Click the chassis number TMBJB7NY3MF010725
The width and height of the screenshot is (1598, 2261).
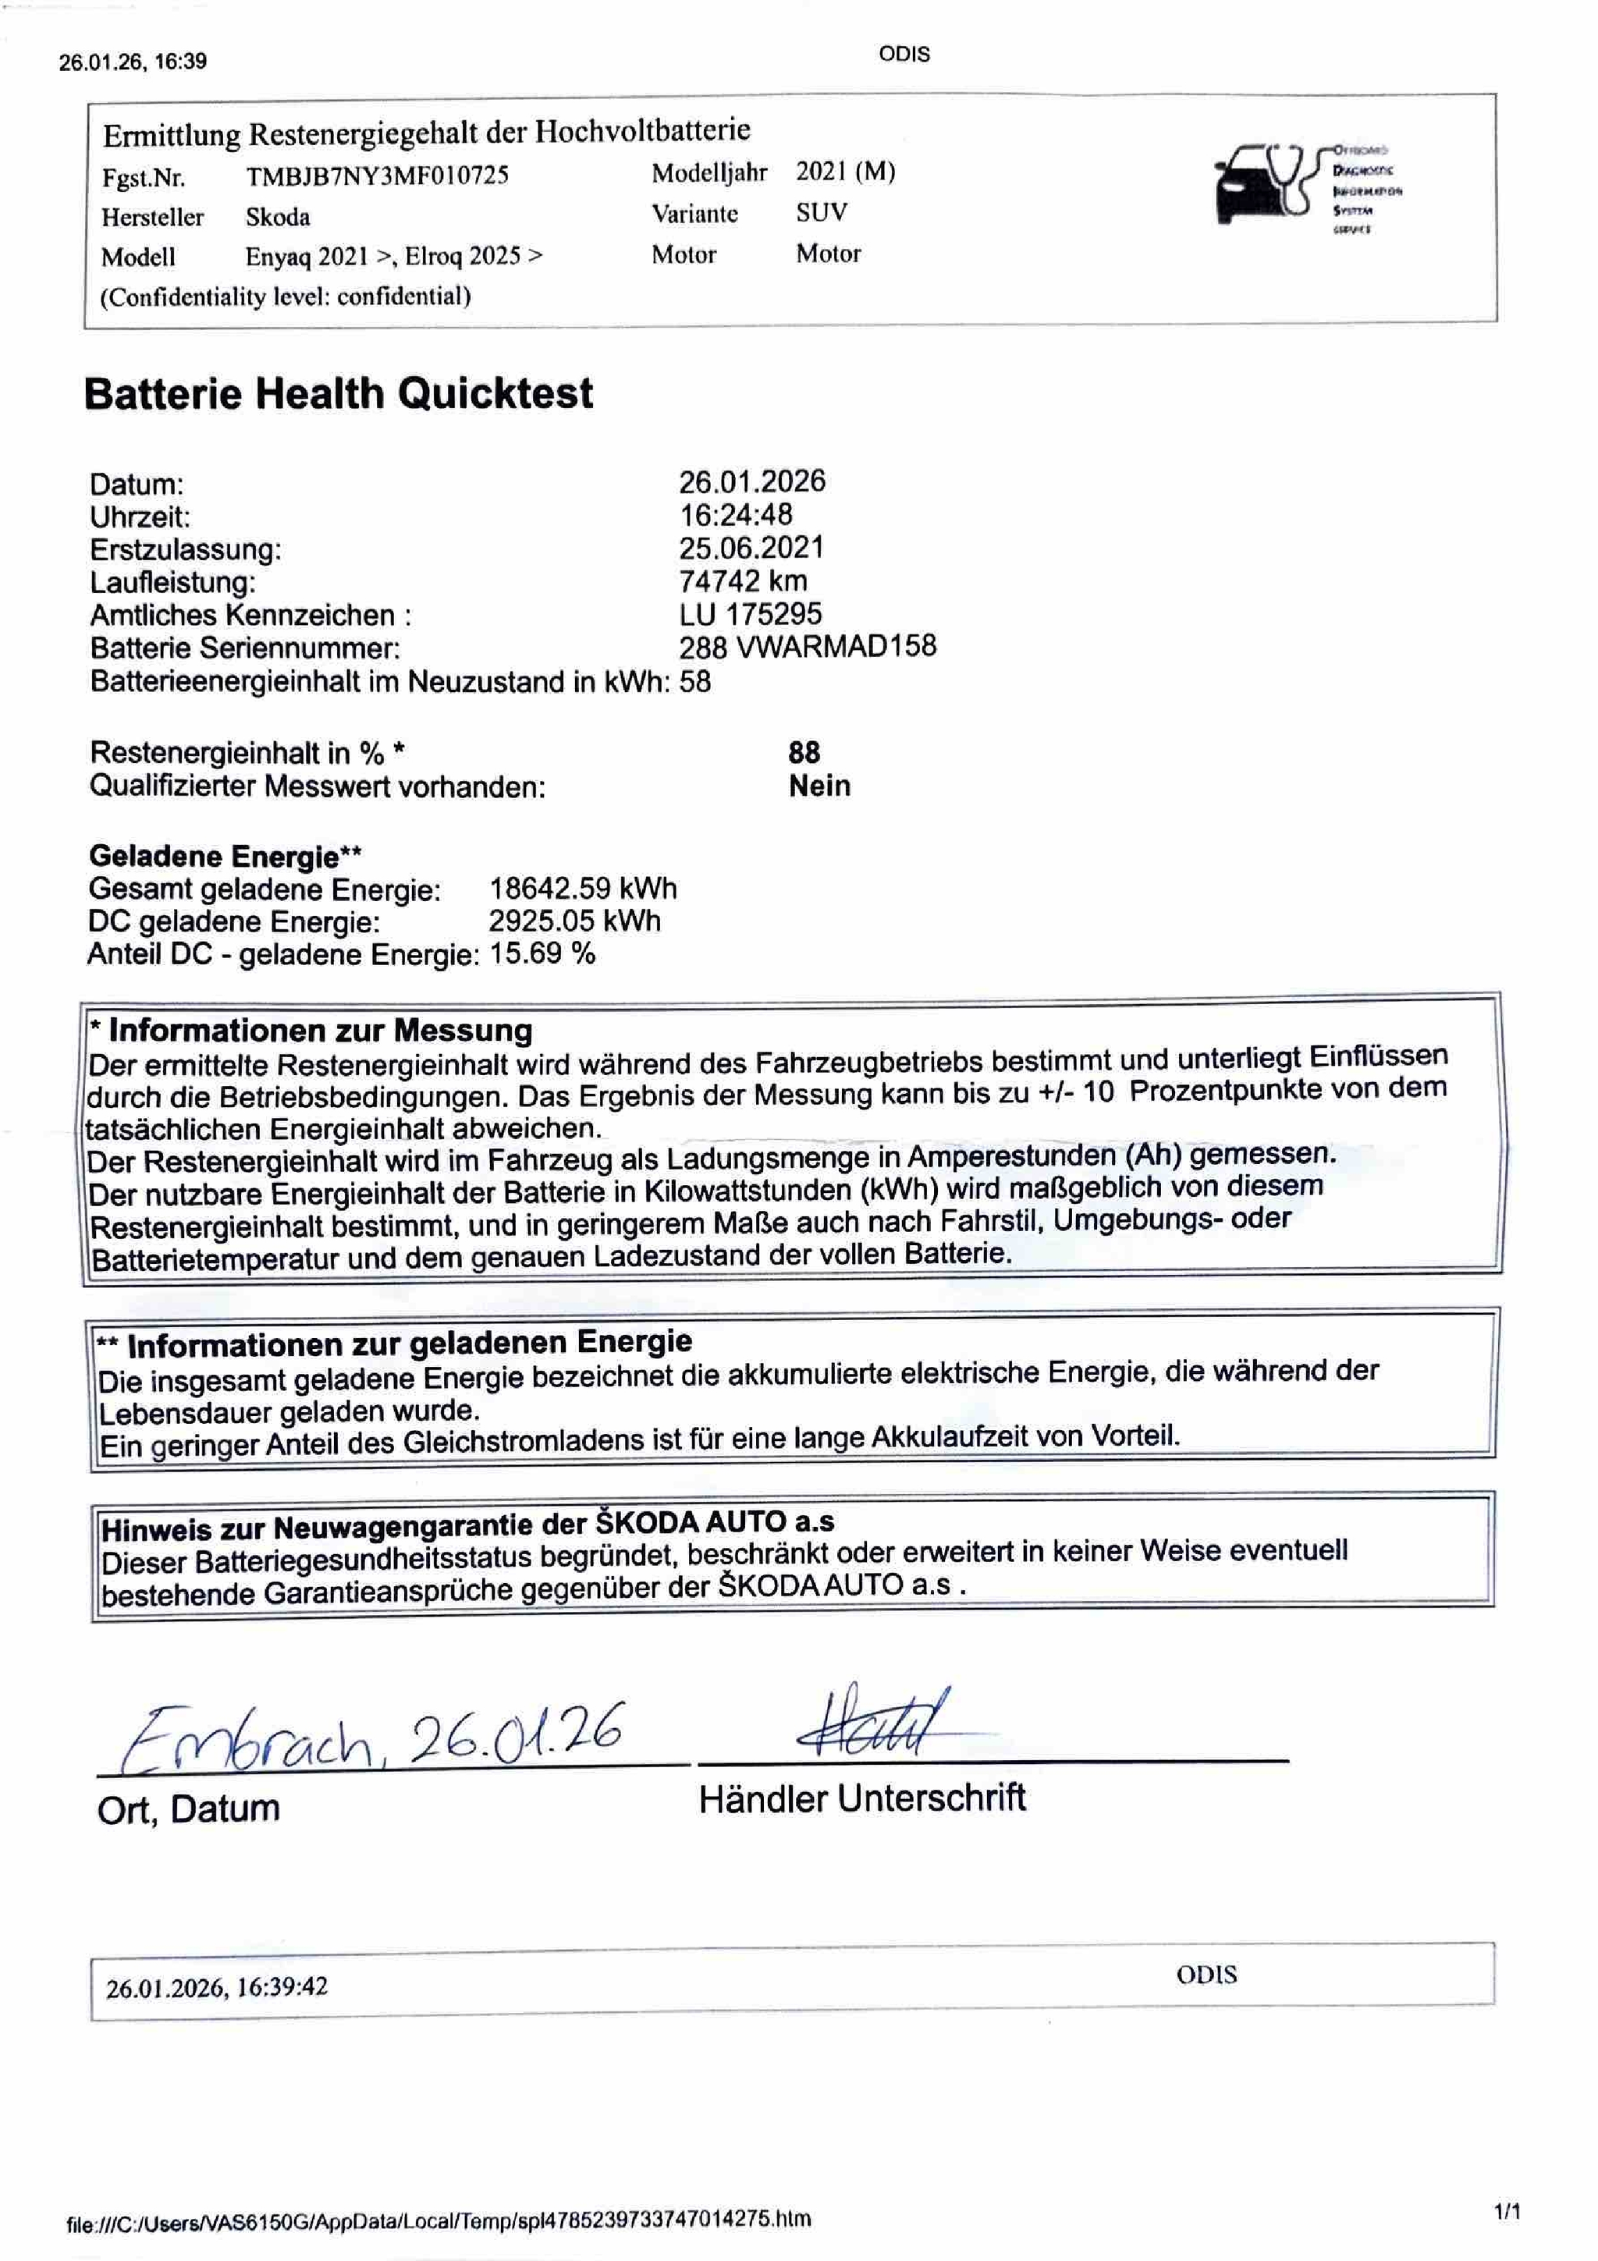pos(377,176)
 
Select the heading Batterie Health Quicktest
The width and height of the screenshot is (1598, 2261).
pos(338,394)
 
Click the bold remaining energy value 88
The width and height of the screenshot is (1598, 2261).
pos(804,752)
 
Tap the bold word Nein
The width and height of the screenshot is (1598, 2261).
pos(819,786)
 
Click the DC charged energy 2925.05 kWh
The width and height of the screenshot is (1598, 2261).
pos(575,921)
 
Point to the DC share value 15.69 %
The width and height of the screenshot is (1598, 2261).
pos(542,953)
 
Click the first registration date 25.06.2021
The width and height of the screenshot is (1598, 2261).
pos(751,548)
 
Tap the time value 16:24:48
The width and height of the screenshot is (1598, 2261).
pos(736,514)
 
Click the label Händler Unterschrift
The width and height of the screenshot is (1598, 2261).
pos(861,1798)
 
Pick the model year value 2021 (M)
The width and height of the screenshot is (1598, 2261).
pos(845,172)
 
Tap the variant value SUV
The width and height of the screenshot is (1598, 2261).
pos(821,213)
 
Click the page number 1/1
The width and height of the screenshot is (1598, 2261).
pos(1507,2213)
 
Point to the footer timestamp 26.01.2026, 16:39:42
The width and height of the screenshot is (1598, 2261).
pos(217,1986)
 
